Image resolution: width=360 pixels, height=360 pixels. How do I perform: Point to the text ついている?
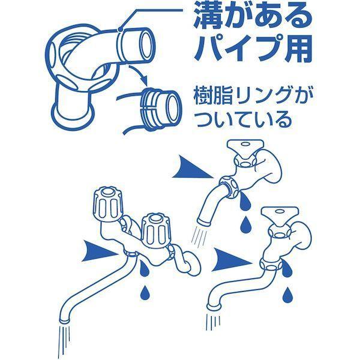[241, 119]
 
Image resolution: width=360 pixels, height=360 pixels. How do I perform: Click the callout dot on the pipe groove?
[119, 29]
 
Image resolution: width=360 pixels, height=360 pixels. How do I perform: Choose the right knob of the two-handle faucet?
[156, 230]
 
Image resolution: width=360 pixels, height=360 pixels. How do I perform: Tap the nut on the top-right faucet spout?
[229, 187]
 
